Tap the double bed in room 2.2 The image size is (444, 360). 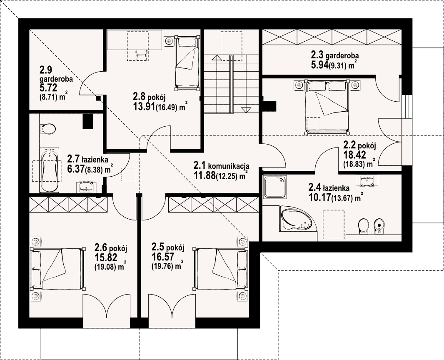[327, 107]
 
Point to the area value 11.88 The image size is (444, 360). [204, 175]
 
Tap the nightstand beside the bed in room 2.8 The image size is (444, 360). [169, 41]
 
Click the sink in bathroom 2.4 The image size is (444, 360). [367, 180]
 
